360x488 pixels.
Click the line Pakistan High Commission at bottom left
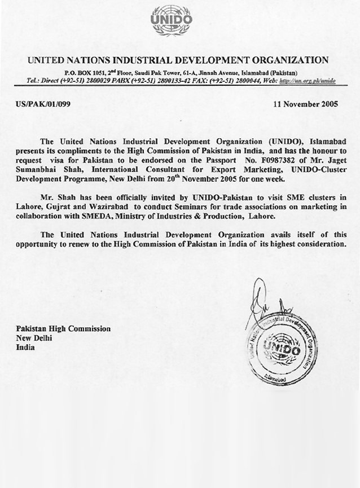63,328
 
